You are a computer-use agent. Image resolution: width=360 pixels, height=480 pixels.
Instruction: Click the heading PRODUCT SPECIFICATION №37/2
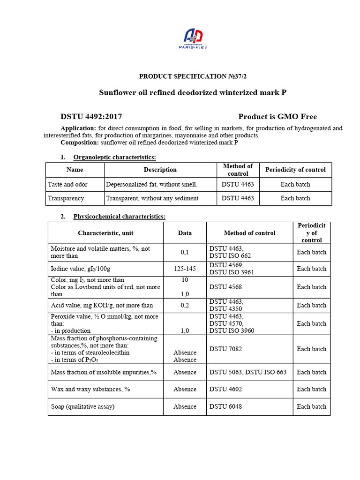[x=193, y=76]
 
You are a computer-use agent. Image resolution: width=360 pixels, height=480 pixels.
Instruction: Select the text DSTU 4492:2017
[x=91, y=117]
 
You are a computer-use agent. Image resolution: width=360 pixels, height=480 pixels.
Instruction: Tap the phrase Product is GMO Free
[x=277, y=117]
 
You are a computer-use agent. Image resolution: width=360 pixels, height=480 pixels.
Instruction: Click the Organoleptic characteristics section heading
[x=114, y=157]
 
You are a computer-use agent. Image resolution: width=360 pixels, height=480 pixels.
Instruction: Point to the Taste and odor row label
[x=67, y=184]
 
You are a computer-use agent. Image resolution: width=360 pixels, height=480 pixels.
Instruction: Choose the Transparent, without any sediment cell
[x=152, y=198]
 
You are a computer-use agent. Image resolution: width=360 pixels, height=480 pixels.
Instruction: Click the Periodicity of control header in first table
[x=295, y=170]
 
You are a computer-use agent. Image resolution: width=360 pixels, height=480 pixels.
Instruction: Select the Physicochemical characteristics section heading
[x=119, y=217]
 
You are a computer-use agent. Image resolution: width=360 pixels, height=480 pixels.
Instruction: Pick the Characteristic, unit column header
[x=105, y=233]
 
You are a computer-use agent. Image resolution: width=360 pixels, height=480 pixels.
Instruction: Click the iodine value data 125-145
[x=185, y=269]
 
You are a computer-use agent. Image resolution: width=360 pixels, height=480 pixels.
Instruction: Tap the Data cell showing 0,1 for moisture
[x=185, y=252]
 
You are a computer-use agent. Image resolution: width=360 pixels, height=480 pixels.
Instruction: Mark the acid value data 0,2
[x=185, y=305]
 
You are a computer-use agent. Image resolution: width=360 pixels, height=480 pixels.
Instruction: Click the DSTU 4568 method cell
[x=225, y=287]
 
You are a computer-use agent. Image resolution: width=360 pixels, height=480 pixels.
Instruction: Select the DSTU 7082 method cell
[x=225, y=349]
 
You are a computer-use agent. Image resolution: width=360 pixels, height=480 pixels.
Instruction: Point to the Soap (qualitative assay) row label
[x=82, y=406]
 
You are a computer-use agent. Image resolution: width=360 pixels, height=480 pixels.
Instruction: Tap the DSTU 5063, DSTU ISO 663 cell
[x=247, y=372]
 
